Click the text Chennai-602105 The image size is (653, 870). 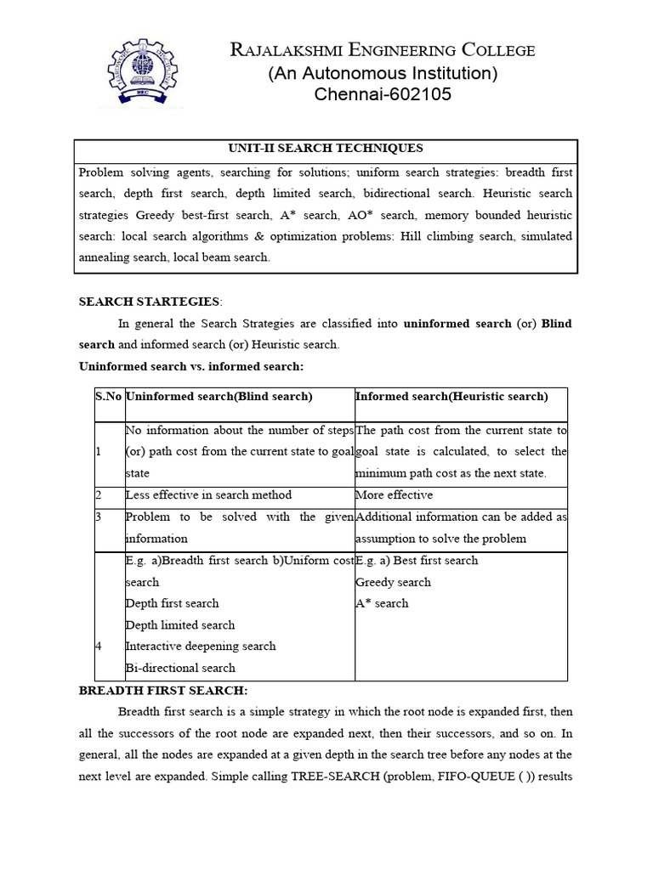[x=383, y=95]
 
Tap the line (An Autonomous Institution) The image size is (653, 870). [x=383, y=73]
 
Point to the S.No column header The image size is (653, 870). [x=108, y=397]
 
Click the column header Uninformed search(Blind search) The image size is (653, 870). [x=219, y=397]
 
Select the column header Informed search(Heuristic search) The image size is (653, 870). [x=451, y=397]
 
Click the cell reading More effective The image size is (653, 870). [x=394, y=495]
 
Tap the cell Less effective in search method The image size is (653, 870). [x=208, y=495]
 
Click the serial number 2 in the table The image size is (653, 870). [x=99, y=495]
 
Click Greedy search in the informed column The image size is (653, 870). [x=393, y=582]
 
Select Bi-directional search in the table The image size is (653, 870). [x=179, y=668]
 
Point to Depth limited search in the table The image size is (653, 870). [x=179, y=624]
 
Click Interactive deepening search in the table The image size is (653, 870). [x=200, y=646]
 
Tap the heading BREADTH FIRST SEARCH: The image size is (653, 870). [x=162, y=691]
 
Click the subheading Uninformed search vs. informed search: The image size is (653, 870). [x=190, y=366]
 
